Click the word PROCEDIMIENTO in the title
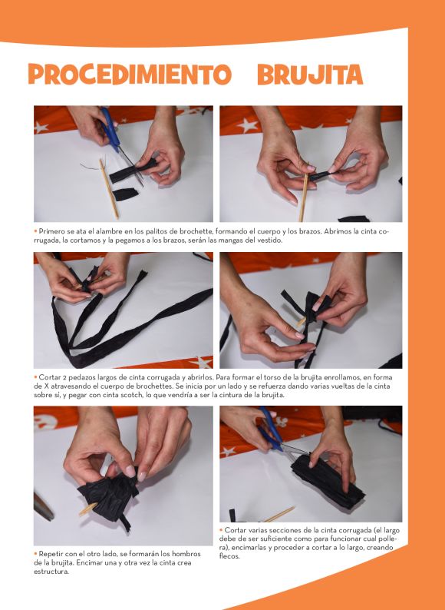coord(130,74)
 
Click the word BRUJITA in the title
coord(310,74)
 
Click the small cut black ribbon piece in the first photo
coord(125,194)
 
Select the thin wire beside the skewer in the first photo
coord(91,167)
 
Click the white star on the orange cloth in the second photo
coord(248,125)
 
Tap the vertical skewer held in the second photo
coord(304,192)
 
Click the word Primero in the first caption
coord(50,231)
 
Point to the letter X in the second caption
coord(45,386)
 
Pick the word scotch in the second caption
coord(128,395)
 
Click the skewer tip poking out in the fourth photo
coord(302,322)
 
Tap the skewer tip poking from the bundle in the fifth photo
coord(87,509)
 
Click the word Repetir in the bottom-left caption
coord(50,554)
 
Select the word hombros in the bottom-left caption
coord(186,554)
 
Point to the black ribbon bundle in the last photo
coord(328,481)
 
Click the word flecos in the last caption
coord(229,556)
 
